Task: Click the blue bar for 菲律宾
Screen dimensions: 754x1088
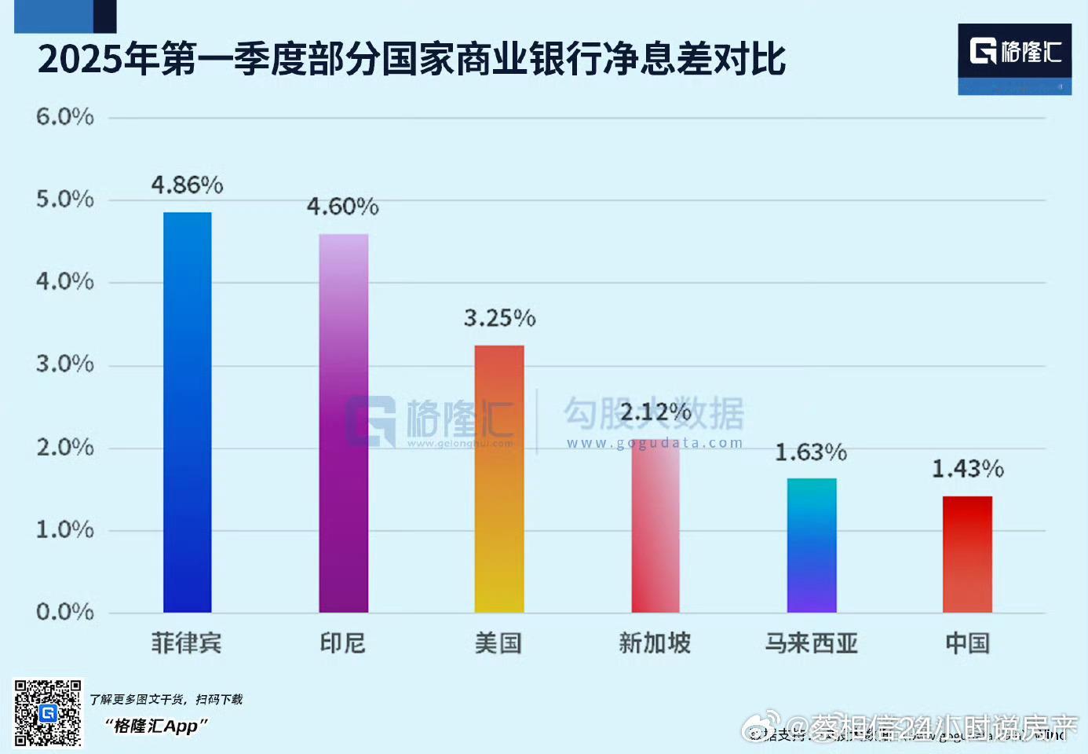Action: [187, 412]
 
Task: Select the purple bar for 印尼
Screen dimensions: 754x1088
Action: [343, 423]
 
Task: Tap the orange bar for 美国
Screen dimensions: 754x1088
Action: [499, 479]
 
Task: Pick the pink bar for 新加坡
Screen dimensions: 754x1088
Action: [655, 526]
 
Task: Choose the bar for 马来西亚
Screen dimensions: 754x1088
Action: [812, 545]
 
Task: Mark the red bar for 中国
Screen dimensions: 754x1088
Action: [967, 554]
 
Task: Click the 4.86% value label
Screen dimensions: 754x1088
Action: [187, 185]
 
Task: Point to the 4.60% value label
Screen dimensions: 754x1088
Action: [342, 207]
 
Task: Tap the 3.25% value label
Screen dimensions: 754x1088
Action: [499, 318]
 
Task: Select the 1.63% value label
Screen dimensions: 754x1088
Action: [811, 452]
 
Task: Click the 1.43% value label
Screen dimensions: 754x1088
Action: [967, 469]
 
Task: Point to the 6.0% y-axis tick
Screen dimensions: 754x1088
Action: [64, 117]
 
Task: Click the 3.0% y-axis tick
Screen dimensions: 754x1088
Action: [64, 364]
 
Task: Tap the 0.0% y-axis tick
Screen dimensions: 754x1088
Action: [64, 612]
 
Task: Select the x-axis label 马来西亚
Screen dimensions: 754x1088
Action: [811, 643]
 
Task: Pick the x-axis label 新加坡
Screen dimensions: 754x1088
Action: [655, 643]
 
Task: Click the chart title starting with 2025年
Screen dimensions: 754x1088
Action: [411, 60]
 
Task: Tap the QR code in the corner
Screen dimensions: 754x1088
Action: [48, 712]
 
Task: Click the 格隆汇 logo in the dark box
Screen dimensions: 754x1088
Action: [1014, 52]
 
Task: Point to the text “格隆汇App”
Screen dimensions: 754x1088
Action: [155, 726]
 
